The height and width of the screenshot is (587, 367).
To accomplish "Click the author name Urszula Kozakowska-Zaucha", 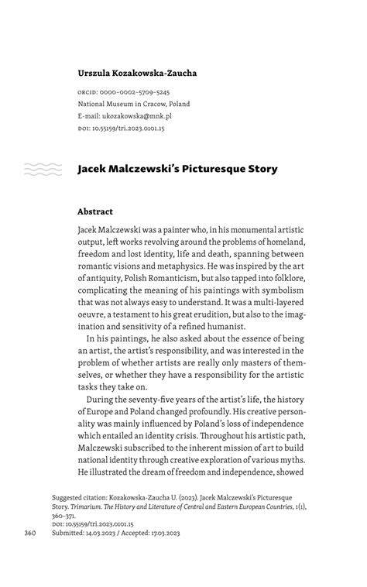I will tap(137, 74).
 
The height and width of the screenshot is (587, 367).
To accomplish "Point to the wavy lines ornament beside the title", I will tap(43, 169).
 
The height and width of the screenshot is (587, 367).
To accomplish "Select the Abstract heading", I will tap(95, 211).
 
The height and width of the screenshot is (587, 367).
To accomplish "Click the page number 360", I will tap(31, 534).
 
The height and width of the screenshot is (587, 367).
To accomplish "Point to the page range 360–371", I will tap(65, 516).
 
